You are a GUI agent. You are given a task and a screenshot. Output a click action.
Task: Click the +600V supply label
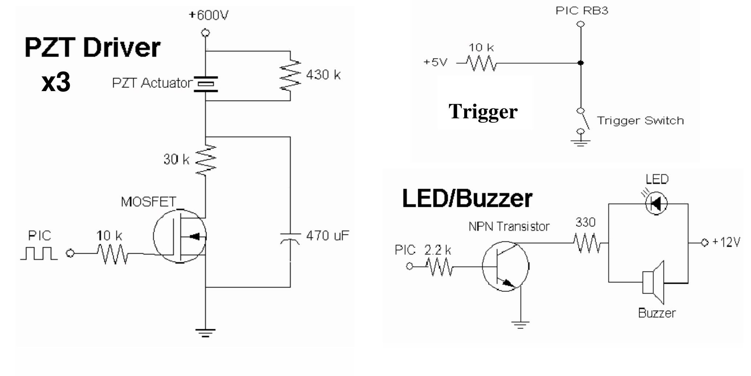tap(208, 15)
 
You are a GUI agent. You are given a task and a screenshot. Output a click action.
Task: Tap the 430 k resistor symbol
tap(290, 75)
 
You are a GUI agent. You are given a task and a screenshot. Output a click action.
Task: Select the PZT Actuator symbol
tap(205, 84)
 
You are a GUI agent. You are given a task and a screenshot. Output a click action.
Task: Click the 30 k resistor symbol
tap(205, 160)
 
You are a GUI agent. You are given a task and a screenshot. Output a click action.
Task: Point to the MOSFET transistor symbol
tap(180, 236)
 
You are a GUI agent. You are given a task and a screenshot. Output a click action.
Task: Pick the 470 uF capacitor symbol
tap(290, 238)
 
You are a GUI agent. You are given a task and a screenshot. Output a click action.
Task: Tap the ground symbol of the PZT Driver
tap(205, 332)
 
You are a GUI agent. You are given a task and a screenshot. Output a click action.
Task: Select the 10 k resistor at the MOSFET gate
tap(113, 254)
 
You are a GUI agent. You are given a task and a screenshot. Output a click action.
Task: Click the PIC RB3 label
tap(581, 11)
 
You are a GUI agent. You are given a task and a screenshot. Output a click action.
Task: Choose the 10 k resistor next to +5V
tap(482, 64)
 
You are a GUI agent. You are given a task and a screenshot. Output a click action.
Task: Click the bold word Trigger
tap(483, 111)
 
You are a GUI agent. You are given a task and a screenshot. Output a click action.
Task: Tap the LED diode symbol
tap(656, 204)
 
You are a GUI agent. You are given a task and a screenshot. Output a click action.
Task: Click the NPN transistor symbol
tap(505, 266)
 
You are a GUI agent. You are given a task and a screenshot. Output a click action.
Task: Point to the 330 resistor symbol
tap(587, 243)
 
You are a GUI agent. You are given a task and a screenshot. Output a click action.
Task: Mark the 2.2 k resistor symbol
tap(440, 267)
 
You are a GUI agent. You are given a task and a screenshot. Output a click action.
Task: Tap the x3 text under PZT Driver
tap(56, 82)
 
